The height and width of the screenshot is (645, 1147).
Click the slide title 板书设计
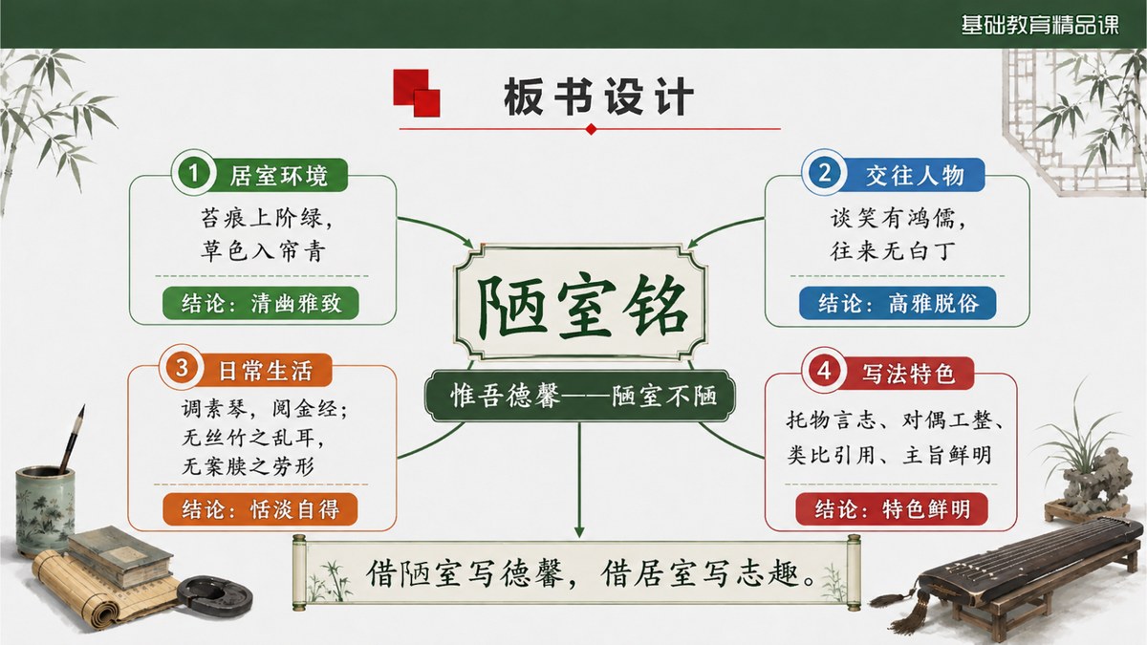598,97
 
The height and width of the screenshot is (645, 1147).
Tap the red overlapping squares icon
417,94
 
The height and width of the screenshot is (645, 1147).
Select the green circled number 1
193,173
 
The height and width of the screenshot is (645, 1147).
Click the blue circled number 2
824,172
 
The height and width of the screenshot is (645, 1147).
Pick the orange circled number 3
182,368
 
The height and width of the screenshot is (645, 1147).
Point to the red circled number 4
824,370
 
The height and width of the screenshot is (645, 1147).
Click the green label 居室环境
278,176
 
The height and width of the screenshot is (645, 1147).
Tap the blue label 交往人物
915,175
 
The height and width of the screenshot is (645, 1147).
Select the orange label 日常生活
266,371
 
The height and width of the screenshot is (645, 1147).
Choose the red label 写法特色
908,374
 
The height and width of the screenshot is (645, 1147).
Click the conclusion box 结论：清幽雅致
261,303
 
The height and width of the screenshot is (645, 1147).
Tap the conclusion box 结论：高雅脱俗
898,303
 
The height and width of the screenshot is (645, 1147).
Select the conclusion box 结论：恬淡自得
260,509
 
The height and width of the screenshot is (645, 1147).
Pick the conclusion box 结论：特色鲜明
892,508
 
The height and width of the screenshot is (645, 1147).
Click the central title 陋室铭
581,307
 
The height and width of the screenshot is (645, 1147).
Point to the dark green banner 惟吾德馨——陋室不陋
580,396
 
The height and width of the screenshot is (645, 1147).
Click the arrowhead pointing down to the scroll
579,531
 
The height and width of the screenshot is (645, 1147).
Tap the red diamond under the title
591,129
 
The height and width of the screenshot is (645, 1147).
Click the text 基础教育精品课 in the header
1040,25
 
